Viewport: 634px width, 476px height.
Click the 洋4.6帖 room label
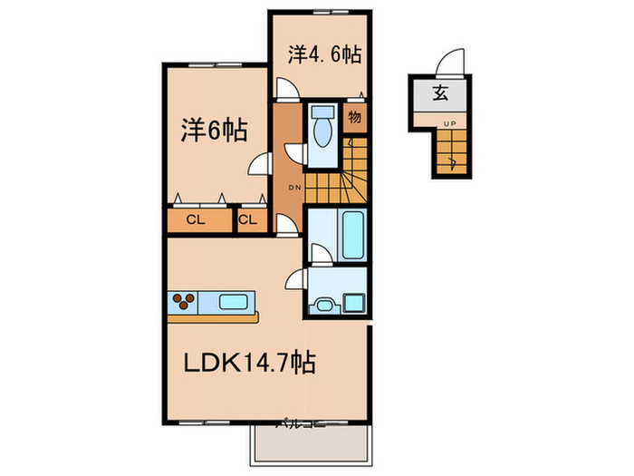(x=324, y=54)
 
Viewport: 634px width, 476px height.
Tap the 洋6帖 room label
(x=215, y=130)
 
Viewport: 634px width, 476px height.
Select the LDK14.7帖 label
(x=251, y=364)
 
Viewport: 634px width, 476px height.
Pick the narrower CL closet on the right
(x=249, y=220)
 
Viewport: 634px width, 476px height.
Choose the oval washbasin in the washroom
(x=322, y=304)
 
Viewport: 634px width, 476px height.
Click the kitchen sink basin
(x=235, y=302)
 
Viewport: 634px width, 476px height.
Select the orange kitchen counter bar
(x=213, y=316)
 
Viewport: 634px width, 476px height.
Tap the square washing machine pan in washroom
(x=353, y=302)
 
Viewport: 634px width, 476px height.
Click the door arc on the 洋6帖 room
(x=261, y=165)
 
